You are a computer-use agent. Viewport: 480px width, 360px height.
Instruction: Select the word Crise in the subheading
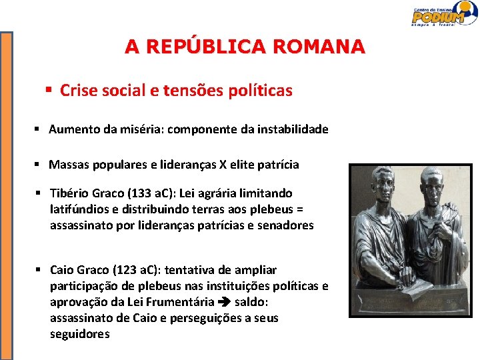[x=77, y=91]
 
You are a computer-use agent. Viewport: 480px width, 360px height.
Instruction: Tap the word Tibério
[x=71, y=193]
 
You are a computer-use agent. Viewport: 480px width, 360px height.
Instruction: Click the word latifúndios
[x=79, y=209]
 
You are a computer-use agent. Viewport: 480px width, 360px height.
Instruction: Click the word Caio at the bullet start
[x=62, y=270]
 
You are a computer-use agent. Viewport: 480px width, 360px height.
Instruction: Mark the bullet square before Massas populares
[x=40, y=164]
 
